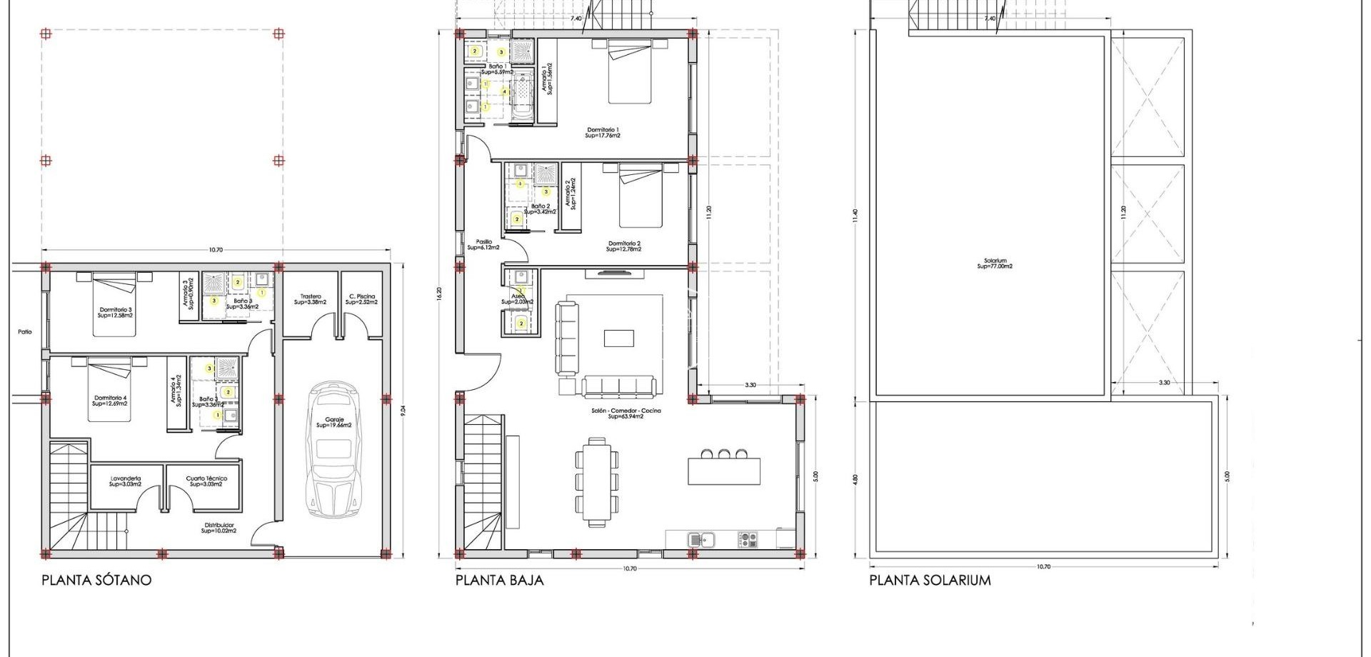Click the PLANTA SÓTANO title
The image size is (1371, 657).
96,580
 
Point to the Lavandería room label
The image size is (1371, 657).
126,481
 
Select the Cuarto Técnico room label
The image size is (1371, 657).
206,481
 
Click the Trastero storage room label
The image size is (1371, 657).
310,299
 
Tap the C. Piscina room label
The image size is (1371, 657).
362,299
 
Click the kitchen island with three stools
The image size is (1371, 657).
724,469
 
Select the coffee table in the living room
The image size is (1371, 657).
618,338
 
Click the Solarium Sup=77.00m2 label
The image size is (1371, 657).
995,264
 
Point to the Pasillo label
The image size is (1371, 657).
483,244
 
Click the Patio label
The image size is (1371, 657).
25,331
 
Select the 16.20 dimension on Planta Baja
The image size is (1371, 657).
439,295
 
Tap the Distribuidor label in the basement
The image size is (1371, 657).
218,528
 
